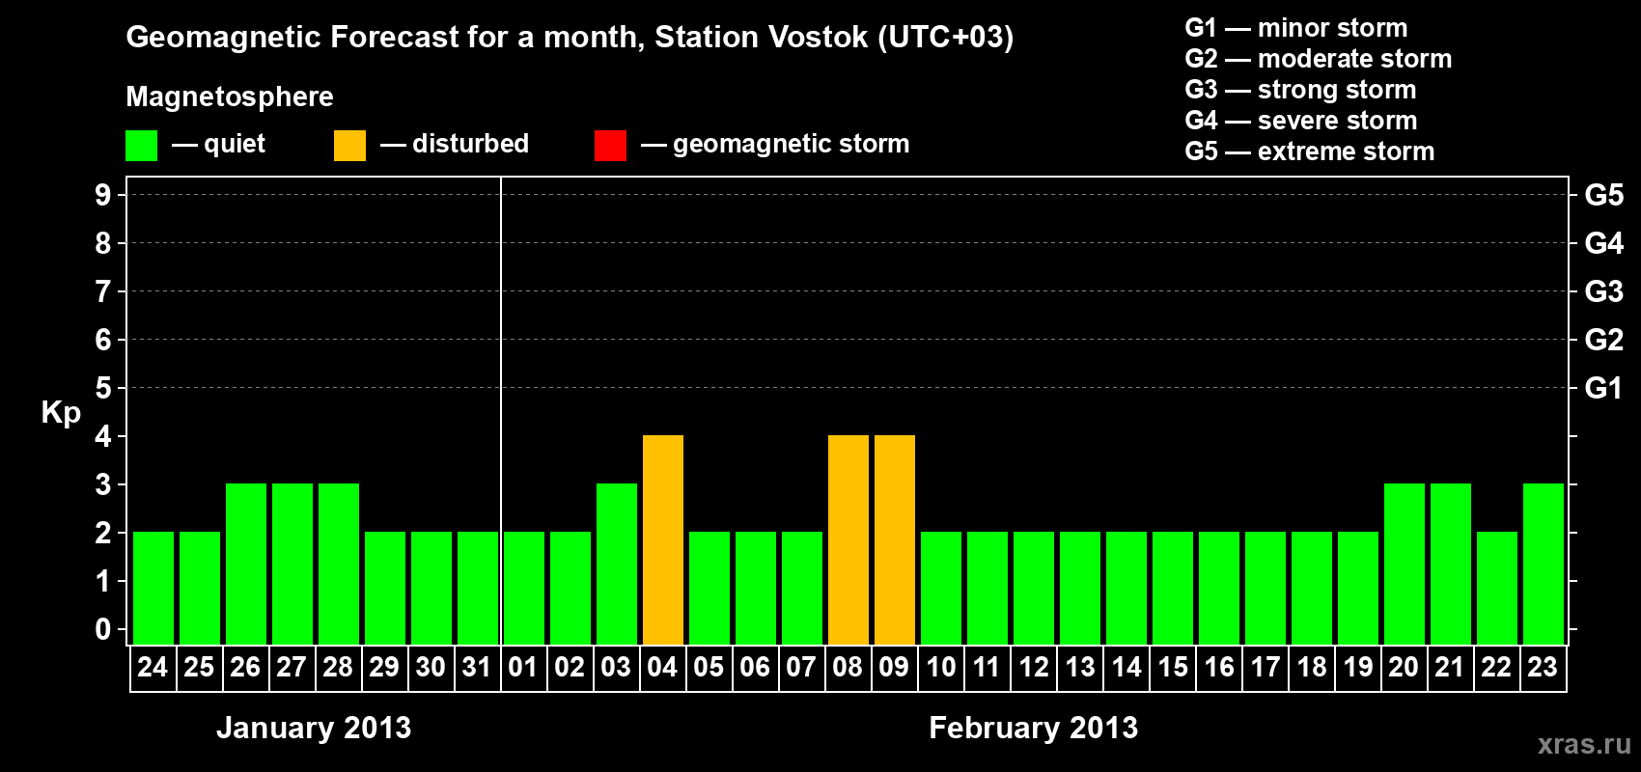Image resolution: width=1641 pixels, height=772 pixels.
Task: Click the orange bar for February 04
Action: point(663,539)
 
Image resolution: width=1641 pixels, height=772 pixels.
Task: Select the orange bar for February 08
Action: point(848,539)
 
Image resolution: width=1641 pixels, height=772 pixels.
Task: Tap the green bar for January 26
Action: point(246,564)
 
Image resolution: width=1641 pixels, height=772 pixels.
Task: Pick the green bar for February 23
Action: point(1543,564)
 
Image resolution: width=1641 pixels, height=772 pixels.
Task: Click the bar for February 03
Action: point(617,564)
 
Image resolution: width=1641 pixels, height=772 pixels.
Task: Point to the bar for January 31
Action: point(478,588)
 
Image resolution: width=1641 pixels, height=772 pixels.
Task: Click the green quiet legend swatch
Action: point(141,145)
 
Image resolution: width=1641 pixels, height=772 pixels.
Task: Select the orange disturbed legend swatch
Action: point(349,145)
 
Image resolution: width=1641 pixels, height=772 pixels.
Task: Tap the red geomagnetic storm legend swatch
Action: point(610,145)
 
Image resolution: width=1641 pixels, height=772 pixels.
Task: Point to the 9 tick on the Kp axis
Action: point(102,195)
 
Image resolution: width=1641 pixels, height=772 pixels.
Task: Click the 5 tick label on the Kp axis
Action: point(102,388)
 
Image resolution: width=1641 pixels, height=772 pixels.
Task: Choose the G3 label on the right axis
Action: point(1603,291)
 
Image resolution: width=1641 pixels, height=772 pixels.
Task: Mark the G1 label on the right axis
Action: point(1603,388)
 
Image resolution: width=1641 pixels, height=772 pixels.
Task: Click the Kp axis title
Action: point(61,413)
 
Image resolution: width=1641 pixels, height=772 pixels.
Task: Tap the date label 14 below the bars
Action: point(1126,667)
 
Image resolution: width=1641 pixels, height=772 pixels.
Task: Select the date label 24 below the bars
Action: point(153,667)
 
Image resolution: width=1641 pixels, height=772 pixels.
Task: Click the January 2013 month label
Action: point(314,728)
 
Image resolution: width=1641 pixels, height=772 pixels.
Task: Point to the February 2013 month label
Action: point(1034,728)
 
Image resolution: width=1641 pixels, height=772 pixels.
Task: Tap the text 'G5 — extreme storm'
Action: point(1309,152)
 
